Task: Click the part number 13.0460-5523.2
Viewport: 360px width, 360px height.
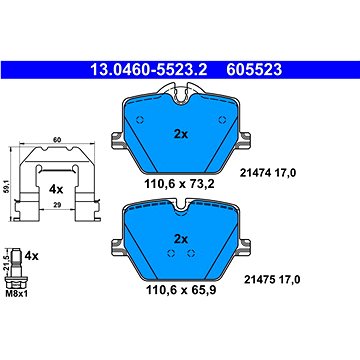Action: pos(149,70)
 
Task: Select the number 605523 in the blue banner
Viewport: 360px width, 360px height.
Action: pos(254,70)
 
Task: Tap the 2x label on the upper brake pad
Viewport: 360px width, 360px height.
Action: pos(181,134)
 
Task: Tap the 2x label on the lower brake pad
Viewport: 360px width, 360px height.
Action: pos(181,239)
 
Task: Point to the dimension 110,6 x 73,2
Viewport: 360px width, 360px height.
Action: pos(179,183)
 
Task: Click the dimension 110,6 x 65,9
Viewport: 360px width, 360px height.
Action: pos(181,290)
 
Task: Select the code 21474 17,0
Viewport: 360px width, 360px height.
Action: pos(268,173)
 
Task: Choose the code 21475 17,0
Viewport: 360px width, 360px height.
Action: pos(272,280)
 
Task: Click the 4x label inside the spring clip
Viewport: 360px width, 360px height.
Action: pos(56,189)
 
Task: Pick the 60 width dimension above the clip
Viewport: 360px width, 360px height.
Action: pos(57,140)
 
